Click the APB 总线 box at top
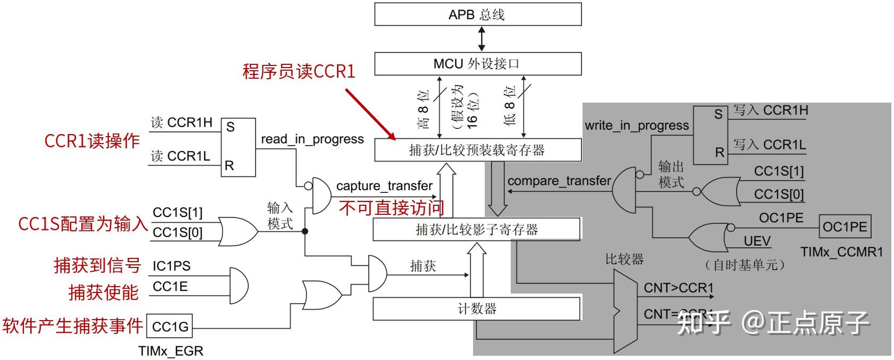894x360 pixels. [477, 14]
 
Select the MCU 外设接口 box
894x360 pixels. [477, 64]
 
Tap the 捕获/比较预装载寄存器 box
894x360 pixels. [477, 150]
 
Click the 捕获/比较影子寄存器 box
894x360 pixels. [476, 230]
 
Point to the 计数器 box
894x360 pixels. [476, 308]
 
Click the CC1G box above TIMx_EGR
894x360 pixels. [170, 326]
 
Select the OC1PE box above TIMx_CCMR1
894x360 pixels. [845, 227]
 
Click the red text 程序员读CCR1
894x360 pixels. [299, 71]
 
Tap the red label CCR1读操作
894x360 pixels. [91, 141]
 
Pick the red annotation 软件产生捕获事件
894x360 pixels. [73, 325]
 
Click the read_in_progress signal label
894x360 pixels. [312, 139]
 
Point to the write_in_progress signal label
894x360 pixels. [636, 125]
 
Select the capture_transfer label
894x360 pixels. [384, 186]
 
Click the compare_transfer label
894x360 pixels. [559, 181]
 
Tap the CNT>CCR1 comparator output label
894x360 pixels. [678, 288]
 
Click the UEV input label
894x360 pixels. [757, 241]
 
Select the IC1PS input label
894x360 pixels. [171, 266]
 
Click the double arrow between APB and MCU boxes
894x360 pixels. [481, 39]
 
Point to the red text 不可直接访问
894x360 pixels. [391, 208]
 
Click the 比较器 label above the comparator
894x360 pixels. [624, 259]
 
